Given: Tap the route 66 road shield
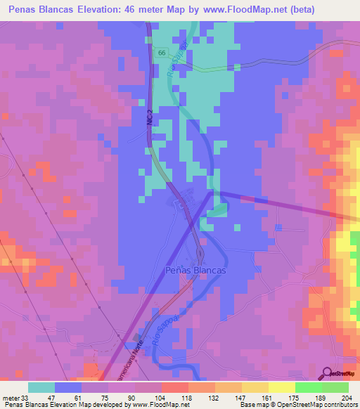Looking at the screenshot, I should pos(162,53).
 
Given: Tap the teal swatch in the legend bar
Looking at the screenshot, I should pos(41,387).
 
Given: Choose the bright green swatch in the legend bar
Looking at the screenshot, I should pos(308,387).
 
